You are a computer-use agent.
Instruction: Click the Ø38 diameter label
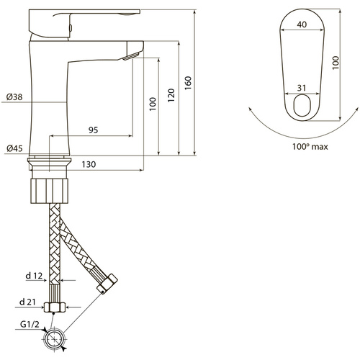coord(14,97)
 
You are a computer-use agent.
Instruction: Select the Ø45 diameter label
coord(14,148)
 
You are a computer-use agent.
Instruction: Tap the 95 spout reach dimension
coord(94,130)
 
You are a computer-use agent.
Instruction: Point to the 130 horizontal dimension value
coord(89,164)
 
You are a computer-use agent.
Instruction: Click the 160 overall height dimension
coord(188,83)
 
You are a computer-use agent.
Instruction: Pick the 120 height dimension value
coord(171,95)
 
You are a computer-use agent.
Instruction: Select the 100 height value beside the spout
coord(153,104)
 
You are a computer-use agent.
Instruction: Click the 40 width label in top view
coord(302,24)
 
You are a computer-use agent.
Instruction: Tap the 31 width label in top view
coord(302,88)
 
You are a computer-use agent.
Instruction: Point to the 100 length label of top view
coord(336,63)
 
